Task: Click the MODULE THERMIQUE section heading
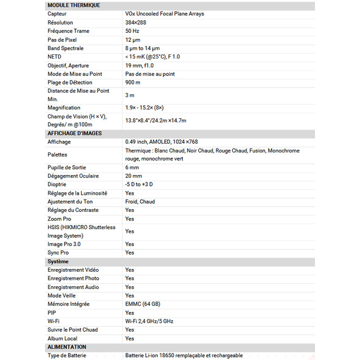click(x=74, y=5)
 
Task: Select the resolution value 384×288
click(x=135, y=22)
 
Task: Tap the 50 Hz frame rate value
click(x=132, y=31)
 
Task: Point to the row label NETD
click(x=54, y=57)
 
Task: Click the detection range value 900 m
click(x=133, y=82)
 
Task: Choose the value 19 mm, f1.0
click(x=139, y=65)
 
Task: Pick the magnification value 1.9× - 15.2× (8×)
click(x=144, y=108)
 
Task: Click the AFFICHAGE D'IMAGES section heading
click(x=75, y=133)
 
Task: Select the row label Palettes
click(x=58, y=154)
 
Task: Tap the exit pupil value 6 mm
click(x=132, y=167)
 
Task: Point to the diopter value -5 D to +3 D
click(x=139, y=184)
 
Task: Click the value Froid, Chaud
click(x=140, y=202)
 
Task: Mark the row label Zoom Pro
click(x=59, y=219)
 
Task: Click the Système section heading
click(x=58, y=261)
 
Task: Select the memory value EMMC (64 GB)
click(x=143, y=304)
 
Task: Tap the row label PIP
click(x=52, y=313)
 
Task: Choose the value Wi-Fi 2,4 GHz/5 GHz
click(x=149, y=321)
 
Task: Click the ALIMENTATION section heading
click(x=67, y=347)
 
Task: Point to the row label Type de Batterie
click(x=67, y=355)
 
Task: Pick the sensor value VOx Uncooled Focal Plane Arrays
click(x=165, y=14)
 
